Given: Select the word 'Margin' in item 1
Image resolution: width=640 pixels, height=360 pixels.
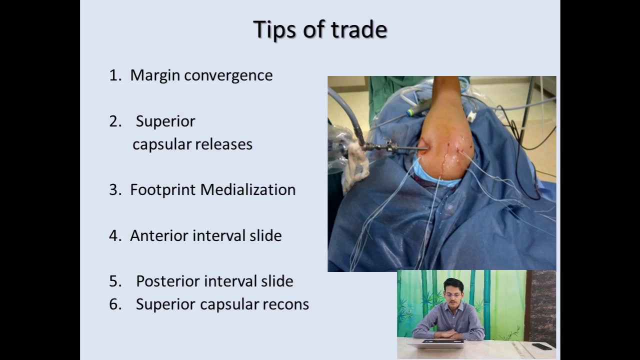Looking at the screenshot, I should (x=155, y=75).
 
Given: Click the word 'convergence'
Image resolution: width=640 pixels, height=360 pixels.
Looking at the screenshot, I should (x=228, y=75).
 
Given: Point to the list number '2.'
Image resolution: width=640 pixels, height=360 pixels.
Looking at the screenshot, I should (x=115, y=121).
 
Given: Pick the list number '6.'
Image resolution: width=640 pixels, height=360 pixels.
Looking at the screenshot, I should (x=115, y=304).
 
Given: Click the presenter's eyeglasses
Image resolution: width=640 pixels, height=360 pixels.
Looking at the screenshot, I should (x=453, y=295).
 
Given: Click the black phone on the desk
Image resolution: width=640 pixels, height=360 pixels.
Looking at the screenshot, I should (x=541, y=345).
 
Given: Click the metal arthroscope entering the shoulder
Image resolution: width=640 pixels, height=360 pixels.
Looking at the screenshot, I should (x=395, y=147).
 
